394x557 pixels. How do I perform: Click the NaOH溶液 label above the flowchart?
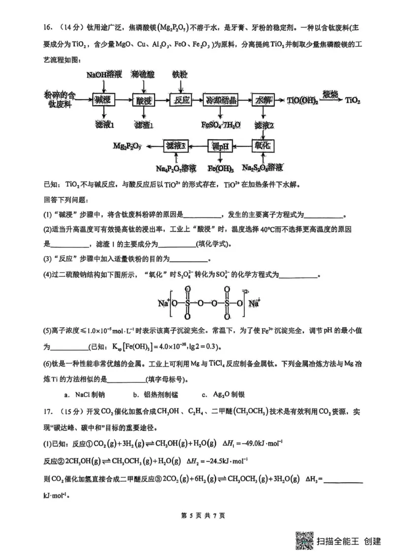(x=103, y=74)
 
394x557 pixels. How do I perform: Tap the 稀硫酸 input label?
(x=143, y=74)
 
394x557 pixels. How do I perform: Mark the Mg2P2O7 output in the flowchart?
(x=127, y=146)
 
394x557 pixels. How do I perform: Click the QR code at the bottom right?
(x=304, y=541)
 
